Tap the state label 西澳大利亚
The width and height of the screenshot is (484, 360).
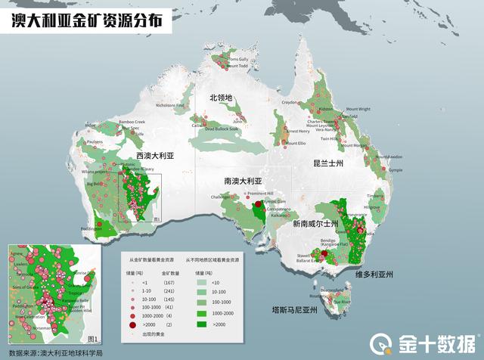coord(155,156)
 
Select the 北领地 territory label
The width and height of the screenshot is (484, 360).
coord(222,98)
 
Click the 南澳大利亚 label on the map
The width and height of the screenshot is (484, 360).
coord(242,182)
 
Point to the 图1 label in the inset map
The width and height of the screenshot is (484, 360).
coord(94,338)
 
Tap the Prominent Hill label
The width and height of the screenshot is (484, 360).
coord(259,194)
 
